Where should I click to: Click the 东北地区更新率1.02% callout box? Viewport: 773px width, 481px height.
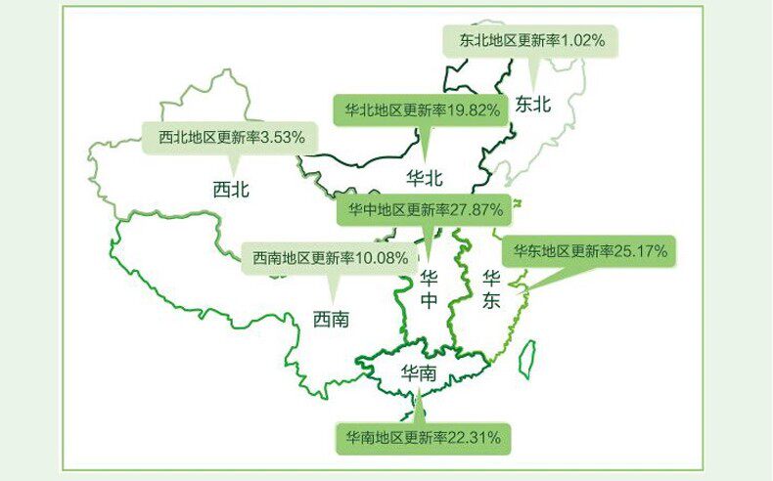(x=532, y=41)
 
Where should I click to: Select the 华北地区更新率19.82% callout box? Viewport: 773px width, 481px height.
(x=423, y=110)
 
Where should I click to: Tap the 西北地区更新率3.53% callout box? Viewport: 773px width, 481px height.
(x=231, y=138)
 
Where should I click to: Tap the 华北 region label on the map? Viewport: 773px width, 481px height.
(x=425, y=178)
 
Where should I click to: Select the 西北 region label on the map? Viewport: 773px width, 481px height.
(x=231, y=189)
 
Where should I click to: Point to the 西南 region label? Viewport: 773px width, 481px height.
(x=331, y=319)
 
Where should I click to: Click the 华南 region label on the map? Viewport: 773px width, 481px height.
(x=419, y=373)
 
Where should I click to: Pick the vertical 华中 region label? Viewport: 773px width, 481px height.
(x=429, y=290)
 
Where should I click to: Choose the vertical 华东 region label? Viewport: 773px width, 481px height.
(x=491, y=290)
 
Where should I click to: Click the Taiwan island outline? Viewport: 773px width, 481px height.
(x=526, y=359)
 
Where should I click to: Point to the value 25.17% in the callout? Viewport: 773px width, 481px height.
(x=641, y=252)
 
